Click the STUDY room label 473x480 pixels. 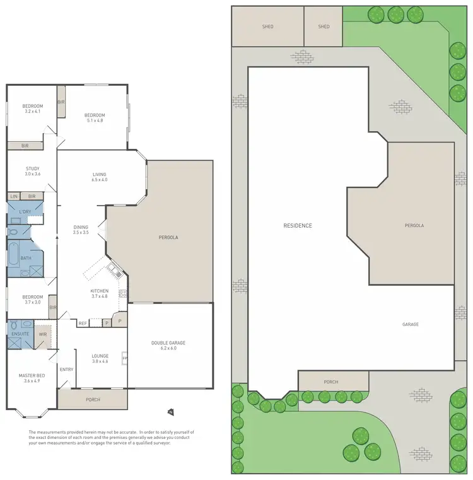point(33,168)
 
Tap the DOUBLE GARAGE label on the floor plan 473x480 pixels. point(168,342)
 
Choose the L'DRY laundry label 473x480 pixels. point(25,211)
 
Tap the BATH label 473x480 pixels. point(25,258)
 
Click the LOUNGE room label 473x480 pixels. point(100,356)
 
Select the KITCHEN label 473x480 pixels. point(100,291)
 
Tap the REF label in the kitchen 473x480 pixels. point(82,324)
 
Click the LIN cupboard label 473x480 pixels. point(13,197)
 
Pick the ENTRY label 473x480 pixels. point(66,370)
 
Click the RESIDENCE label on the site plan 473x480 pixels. point(298,225)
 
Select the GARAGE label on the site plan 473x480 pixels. point(411,324)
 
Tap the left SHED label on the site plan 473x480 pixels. point(267,26)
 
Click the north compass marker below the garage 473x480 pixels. point(170,412)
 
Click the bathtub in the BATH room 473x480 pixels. point(15,257)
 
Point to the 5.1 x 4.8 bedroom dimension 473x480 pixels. point(95,120)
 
